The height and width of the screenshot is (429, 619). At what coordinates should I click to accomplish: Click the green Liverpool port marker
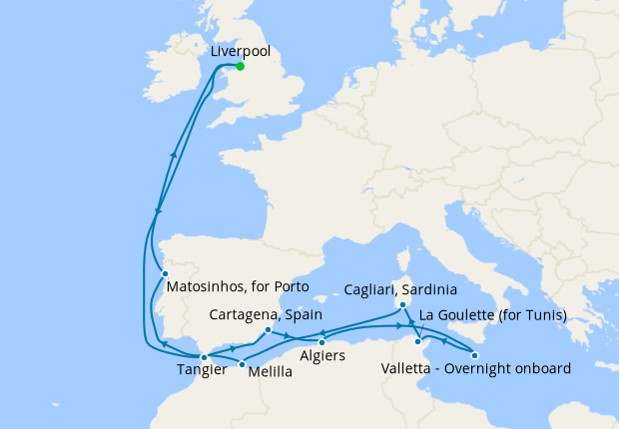(x=240, y=67)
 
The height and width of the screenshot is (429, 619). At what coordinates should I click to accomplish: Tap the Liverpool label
(x=241, y=50)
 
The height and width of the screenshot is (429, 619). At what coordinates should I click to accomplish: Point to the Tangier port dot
(x=203, y=356)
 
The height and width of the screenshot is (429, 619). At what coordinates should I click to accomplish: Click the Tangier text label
(x=199, y=371)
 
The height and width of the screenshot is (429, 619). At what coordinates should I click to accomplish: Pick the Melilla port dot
(x=242, y=363)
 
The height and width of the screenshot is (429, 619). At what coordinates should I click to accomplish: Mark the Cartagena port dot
(x=268, y=330)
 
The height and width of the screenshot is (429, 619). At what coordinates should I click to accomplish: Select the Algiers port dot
(x=321, y=343)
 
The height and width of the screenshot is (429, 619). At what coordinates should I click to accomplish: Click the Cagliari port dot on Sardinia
(x=400, y=305)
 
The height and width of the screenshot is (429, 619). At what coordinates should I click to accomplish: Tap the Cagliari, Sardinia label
(x=400, y=290)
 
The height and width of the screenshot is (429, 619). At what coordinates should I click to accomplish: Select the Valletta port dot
(x=475, y=355)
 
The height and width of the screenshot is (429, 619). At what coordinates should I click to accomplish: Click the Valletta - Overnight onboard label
(x=476, y=369)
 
